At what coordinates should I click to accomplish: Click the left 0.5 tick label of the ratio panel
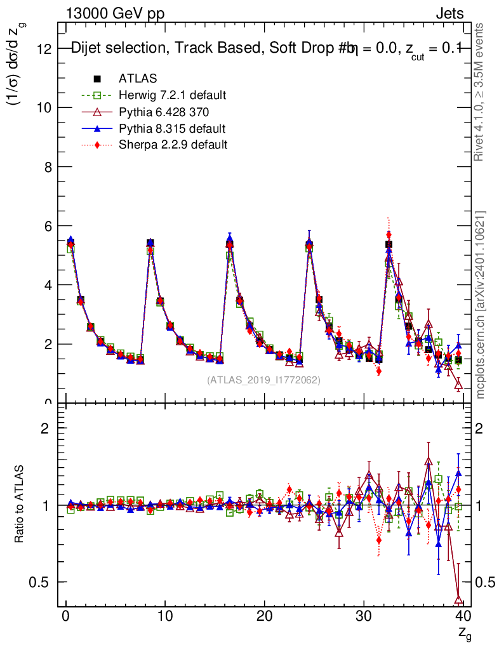click(x=41, y=583)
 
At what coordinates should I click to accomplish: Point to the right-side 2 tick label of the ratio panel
click(x=481, y=428)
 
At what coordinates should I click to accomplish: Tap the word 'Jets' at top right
click(x=449, y=13)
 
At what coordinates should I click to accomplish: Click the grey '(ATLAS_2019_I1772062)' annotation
click(x=263, y=380)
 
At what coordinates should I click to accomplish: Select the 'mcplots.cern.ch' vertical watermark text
click(x=481, y=305)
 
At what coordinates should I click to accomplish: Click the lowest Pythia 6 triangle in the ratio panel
click(x=459, y=599)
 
